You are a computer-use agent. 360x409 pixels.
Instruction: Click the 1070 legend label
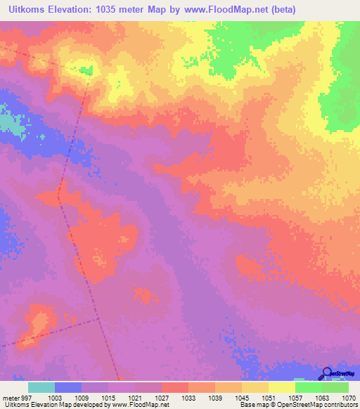click(349, 397)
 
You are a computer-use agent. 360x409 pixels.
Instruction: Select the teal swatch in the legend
click(41, 387)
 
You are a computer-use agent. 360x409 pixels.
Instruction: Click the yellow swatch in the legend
click(281, 387)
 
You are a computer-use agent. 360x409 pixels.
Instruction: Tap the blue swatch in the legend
click(68, 387)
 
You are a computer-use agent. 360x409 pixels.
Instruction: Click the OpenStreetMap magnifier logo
click(326, 374)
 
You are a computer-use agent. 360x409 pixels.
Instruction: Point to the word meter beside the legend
click(10, 397)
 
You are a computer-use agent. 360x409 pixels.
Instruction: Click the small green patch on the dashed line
click(86, 70)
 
